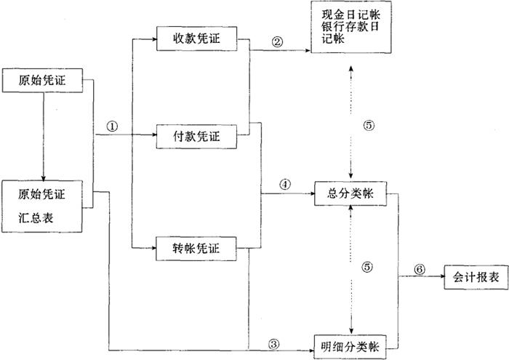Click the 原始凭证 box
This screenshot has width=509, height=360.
coord(45,81)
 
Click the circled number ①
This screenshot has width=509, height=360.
coord(111,125)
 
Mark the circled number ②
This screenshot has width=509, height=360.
coord(277,41)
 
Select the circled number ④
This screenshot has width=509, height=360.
coord(284,184)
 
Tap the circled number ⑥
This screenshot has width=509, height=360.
coord(420,268)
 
